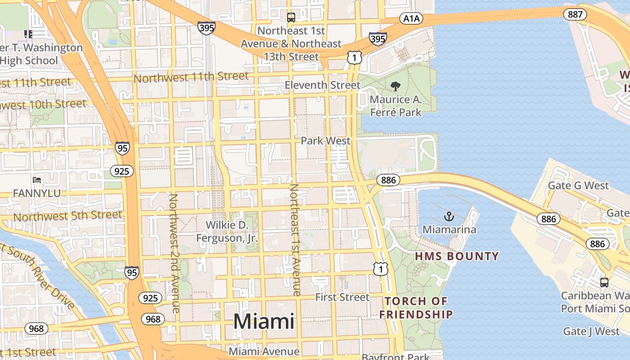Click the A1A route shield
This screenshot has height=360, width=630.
coord(411,18)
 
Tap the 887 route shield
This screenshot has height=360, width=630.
coord(575,14)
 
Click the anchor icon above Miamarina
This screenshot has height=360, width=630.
coord(449,217)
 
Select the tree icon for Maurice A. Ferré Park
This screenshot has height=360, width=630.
coord(396,86)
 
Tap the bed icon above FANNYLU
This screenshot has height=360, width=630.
coord(37,180)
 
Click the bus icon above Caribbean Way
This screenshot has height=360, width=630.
coord(604,283)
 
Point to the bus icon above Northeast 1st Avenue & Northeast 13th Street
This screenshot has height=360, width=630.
coord(291,18)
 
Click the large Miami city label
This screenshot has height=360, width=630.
coord(264,321)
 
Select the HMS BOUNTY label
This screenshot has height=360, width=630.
coord(457,256)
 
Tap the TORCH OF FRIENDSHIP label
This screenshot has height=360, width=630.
coord(416,307)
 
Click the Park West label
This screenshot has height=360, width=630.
coord(325,141)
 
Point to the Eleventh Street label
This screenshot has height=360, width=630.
coord(323,85)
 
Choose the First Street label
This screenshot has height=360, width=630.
coord(342,297)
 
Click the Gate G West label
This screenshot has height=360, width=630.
coord(578,185)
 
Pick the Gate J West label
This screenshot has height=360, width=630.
coord(591,332)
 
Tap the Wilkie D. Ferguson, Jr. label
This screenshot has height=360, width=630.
coord(227,231)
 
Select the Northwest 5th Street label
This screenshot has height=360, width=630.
coord(67,216)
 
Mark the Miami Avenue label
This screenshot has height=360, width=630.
coord(264,351)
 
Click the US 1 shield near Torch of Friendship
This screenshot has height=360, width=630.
coord(380,269)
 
